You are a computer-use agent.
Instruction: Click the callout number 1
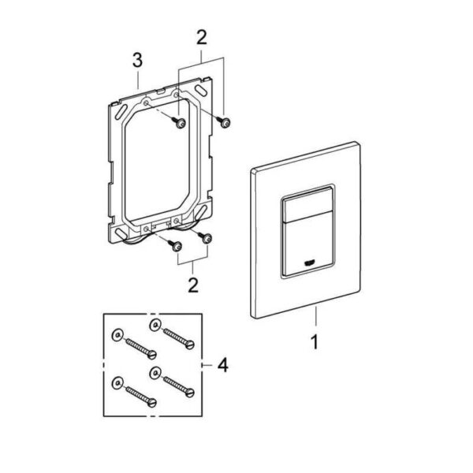pos(315,342)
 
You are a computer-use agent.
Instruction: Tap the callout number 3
pos(137,61)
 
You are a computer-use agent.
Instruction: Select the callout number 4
pos(222,365)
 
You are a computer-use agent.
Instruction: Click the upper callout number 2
pos(202,38)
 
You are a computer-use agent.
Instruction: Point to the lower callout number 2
pos(193,285)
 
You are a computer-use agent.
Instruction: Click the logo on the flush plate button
pos(309,263)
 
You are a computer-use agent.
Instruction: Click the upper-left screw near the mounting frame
pos(179,122)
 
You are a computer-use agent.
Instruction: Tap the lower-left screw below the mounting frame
pos(175,245)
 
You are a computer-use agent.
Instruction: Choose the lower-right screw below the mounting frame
pos(205,237)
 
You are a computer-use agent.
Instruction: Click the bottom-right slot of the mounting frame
pos(202,210)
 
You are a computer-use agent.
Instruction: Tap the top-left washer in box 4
pos(117,335)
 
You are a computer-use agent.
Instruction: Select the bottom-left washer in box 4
pos(117,383)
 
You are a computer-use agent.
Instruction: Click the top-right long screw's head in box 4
pos(189,345)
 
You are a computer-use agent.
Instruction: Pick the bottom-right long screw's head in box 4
pos(189,393)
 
